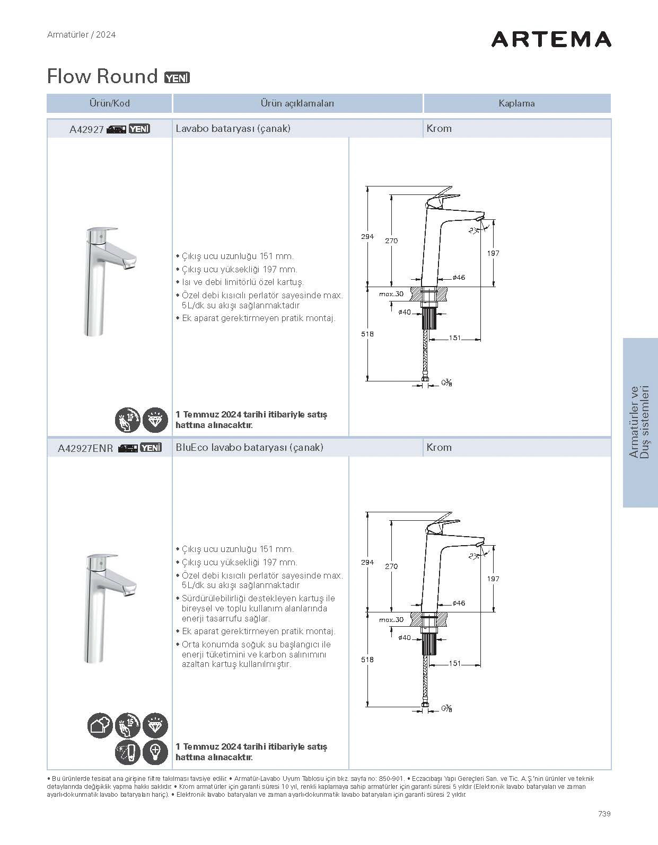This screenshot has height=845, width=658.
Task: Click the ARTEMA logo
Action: coord(551,39)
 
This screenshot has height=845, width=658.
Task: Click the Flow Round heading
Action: coord(102,76)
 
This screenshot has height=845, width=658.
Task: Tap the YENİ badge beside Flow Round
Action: coord(177,77)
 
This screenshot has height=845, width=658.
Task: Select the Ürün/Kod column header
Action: coord(109,103)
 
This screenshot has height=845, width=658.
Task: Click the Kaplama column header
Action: coord(516,103)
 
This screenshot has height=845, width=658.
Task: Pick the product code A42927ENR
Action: coord(85,448)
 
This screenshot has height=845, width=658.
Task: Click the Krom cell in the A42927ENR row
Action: coord(439,448)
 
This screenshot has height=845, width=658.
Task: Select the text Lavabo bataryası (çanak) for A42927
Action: coord(233,128)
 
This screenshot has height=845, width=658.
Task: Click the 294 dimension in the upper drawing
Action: coord(367,237)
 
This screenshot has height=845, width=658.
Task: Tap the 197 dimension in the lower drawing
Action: coord(493,579)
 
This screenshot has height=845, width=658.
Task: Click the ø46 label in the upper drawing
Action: coord(459,278)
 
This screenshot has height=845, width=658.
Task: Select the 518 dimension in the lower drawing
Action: coord(367,660)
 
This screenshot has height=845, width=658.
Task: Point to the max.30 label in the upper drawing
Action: coord(391,293)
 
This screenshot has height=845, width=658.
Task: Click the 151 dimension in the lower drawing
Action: coord(454,663)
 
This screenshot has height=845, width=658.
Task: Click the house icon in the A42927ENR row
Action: coord(100,725)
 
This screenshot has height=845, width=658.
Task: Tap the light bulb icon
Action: coord(155,752)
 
